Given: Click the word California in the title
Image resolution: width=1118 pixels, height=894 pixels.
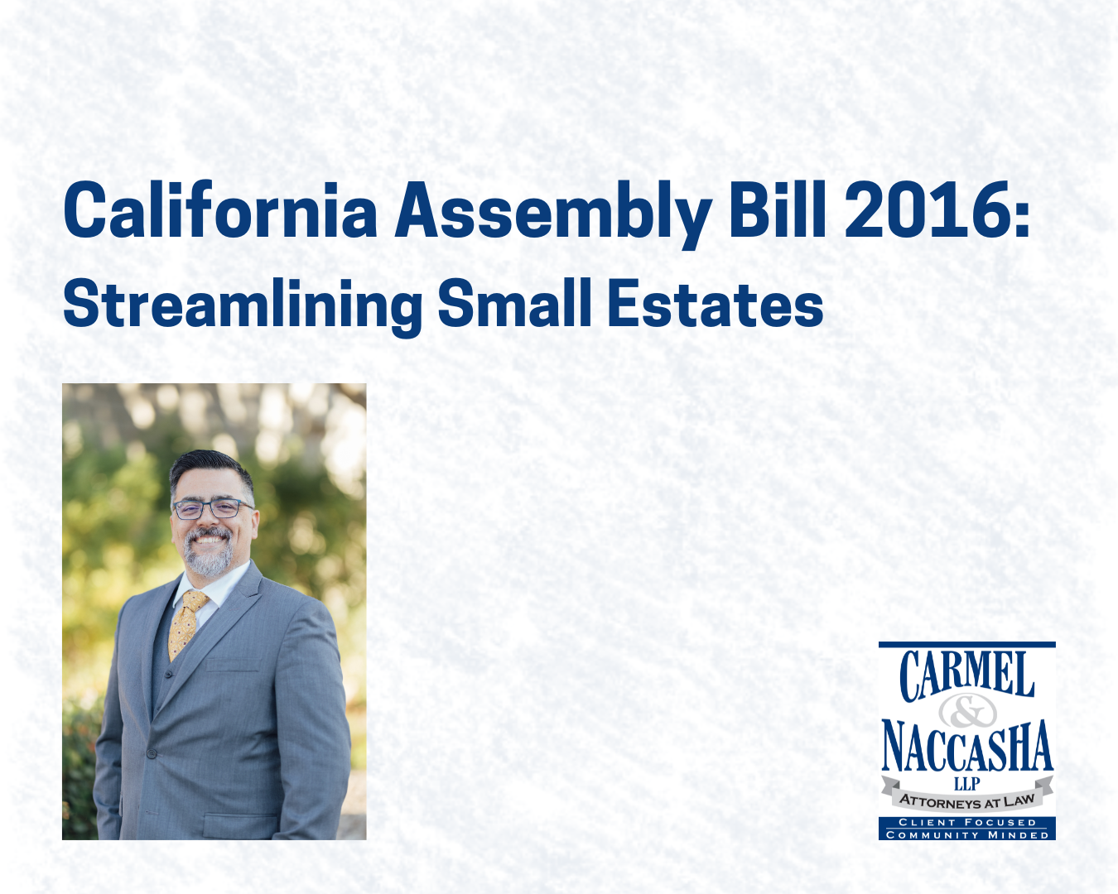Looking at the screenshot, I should [x=219, y=211].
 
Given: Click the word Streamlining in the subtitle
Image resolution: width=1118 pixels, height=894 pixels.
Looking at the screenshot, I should [x=243, y=305].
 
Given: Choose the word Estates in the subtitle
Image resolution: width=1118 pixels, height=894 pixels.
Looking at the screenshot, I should [x=716, y=304].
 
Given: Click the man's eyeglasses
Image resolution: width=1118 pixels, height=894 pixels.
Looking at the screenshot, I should [x=211, y=508].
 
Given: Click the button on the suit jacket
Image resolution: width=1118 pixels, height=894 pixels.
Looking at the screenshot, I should [x=151, y=752].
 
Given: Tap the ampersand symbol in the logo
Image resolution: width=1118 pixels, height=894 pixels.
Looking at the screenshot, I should [x=966, y=710].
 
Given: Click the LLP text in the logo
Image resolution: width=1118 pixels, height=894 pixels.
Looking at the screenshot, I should [x=966, y=783].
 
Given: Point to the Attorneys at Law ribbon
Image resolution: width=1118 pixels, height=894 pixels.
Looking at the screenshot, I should [x=966, y=800].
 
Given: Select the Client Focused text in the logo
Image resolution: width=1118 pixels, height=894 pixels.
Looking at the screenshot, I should [x=966, y=822].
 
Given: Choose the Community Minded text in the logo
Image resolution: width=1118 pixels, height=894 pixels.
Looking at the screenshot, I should [x=966, y=834].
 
